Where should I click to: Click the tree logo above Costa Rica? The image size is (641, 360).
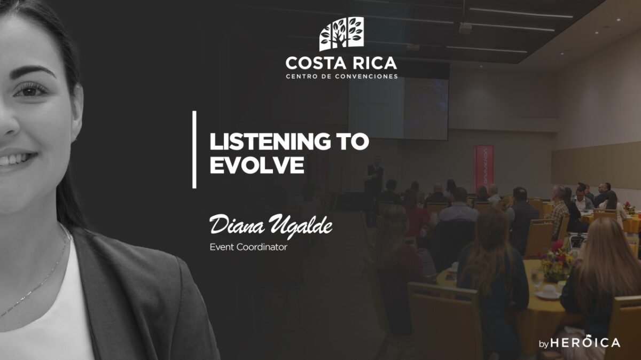341,34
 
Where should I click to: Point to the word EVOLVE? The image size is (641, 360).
257,165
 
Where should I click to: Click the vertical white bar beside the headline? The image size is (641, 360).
194,150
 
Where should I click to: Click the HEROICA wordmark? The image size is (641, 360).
585,342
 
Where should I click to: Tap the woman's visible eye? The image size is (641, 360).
30,91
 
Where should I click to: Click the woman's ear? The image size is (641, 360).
77,113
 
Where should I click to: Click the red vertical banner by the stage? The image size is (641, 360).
483,169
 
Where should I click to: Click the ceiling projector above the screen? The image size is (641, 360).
465,29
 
